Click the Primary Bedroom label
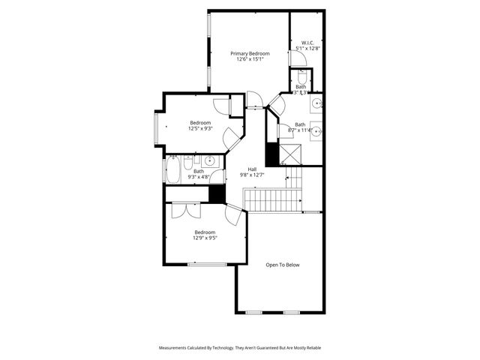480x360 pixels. [250, 53]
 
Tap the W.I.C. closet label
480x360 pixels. [307, 43]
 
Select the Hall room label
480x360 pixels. [253, 169]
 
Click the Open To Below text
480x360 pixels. [283, 264]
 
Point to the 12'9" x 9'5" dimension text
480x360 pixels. [205, 238]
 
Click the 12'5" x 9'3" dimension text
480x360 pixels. [200, 128]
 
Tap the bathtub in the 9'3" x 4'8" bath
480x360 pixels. [172, 170]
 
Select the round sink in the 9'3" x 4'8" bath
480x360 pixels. [210, 160]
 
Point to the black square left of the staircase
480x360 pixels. [217, 193]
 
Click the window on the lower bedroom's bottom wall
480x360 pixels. [208, 264]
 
